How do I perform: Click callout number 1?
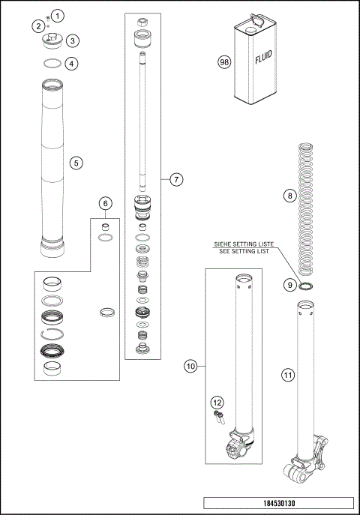(59, 15)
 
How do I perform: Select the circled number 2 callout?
(37, 26)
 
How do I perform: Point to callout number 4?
(72, 64)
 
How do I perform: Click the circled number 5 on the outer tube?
(75, 162)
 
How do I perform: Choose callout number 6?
(106, 203)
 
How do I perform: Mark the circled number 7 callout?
(175, 179)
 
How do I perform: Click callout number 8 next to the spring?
(290, 196)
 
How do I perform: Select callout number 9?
(290, 286)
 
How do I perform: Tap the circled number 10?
(190, 366)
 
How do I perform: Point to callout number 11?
(287, 375)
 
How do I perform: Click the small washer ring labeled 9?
(307, 286)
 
